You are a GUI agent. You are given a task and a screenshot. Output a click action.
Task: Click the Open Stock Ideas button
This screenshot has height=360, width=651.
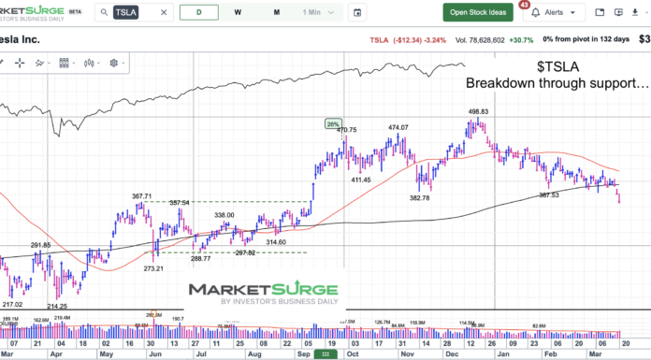[x=478, y=12]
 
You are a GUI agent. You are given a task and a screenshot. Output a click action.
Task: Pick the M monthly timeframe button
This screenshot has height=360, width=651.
[x=276, y=12]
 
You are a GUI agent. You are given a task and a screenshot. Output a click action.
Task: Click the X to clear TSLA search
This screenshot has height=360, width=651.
[x=164, y=12]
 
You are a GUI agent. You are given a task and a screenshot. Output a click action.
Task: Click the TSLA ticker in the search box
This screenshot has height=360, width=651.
[x=125, y=12]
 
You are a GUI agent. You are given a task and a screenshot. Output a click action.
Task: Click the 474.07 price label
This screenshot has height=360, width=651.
[x=399, y=126]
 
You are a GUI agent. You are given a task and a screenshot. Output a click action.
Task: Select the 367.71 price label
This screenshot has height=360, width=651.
[x=142, y=196]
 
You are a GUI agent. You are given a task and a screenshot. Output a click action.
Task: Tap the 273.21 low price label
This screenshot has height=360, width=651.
[x=155, y=268]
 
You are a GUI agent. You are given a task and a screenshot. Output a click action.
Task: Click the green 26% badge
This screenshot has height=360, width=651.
[x=333, y=122]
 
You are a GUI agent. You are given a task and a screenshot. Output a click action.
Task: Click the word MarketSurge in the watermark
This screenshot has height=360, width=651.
[x=252, y=291]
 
